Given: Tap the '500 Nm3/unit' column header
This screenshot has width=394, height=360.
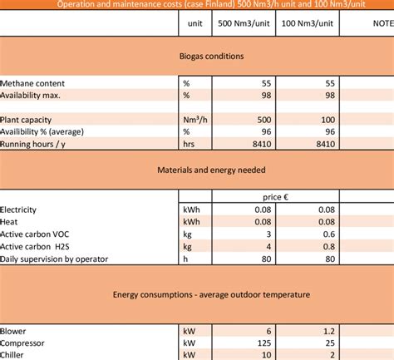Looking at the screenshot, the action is pyautogui.click(x=242, y=23).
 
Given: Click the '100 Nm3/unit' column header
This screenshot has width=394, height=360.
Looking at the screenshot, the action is pyautogui.click(x=308, y=23).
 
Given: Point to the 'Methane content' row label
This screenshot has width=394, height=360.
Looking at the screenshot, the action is pyautogui.click(x=33, y=84).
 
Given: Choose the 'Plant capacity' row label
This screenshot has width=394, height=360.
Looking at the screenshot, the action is pyautogui.click(x=29, y=119).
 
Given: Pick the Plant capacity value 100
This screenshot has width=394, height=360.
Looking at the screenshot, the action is pyautogui.click(x=326, y=119).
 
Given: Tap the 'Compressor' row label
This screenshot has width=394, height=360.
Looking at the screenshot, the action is pyautogui.click(x=23, y=342).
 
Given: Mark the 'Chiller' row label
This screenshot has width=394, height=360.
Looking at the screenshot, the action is pyautogui.click(x=15, y=354).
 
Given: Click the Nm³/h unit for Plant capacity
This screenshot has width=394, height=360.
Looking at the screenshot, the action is pyautogui.click(x=192, y=119).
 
